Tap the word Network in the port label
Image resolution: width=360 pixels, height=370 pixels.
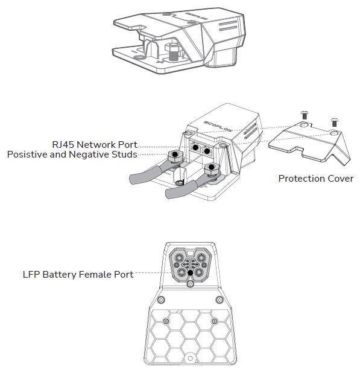(x=100, y=145)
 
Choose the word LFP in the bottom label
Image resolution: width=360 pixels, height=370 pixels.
(x=30, y=275)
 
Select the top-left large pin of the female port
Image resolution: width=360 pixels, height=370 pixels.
(x=179, y=256)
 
